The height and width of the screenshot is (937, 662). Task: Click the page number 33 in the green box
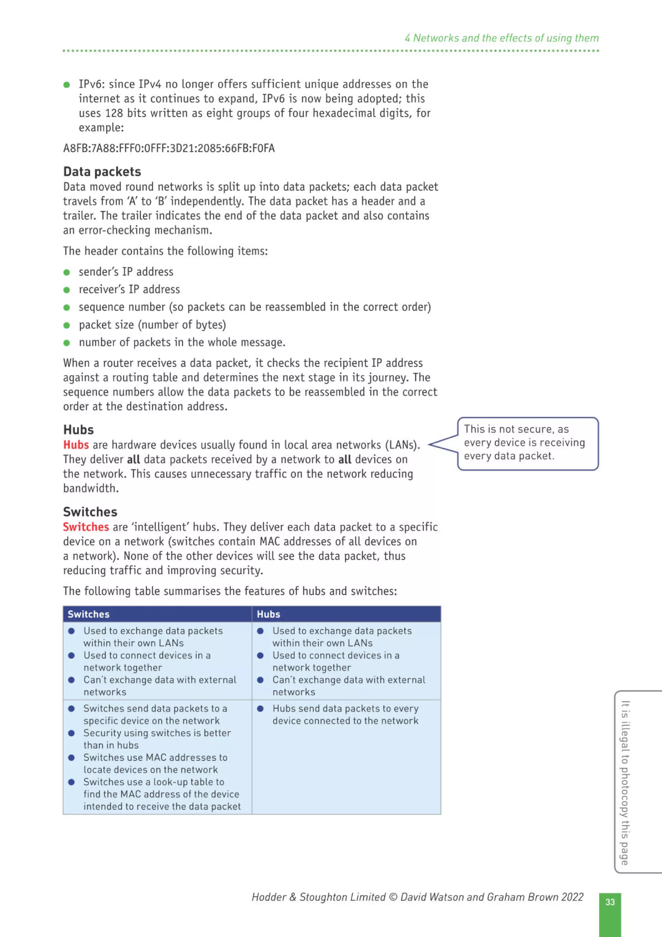click(610, 902)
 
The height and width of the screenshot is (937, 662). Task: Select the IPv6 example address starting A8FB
click(169, 148)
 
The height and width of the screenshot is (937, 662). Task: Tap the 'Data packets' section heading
click(102, 171)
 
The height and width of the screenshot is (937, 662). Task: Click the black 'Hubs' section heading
click(78, 429)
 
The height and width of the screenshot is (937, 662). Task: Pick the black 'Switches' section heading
click(90, 512)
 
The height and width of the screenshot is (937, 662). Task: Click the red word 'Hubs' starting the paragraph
click(76, 445)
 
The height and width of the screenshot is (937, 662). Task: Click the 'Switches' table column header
click(89, 614)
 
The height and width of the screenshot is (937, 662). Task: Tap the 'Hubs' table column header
click(268, 614)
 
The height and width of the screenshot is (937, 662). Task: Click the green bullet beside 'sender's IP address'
click(67, 272)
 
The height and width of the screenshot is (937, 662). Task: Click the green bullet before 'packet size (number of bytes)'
click(67, 325)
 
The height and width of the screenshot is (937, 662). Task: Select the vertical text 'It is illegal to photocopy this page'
click(625, 782)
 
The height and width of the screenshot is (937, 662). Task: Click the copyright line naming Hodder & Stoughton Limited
click(417, 897)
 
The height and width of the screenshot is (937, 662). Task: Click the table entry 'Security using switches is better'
click(157, 733)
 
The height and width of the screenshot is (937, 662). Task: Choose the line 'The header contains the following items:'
click(165, 251)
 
